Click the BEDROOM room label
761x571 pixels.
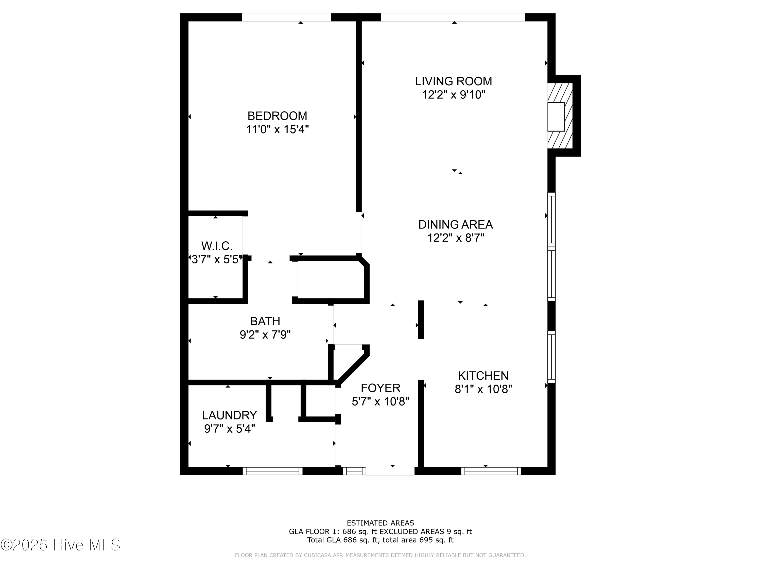click(277, 116)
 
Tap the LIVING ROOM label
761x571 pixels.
click(454, 81)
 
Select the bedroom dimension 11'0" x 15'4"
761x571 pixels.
click(277, 129)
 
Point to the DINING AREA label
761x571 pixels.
click(456, 224)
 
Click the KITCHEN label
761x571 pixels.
click(483, 376)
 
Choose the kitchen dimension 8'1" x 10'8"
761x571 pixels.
click(483, 389)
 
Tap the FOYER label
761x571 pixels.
click(380, 388)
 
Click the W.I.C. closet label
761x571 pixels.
click(217, 246)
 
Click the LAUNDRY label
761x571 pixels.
click(230, 415)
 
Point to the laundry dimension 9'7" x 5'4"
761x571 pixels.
click(230, 429)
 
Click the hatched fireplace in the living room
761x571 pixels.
click(560, 116)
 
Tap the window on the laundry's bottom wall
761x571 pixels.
click(272, 471)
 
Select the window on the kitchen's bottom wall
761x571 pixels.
click(491, 471)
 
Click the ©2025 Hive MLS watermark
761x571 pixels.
click(61, 545)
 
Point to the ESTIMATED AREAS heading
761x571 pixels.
click(380, 523)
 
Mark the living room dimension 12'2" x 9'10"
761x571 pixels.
click(454, 95)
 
